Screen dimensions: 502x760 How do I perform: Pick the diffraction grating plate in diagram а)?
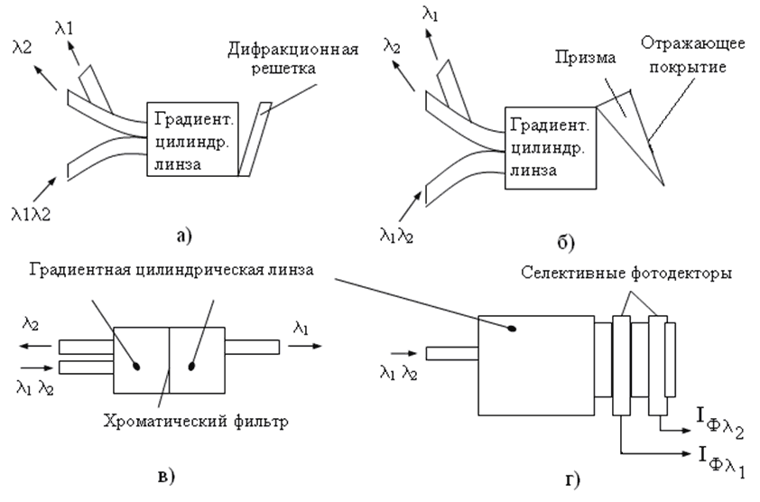click(x=254, y=136)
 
